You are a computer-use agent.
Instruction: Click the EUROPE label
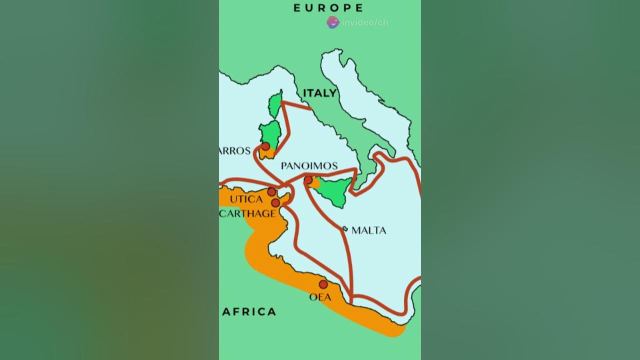pyautogui.click(x=328, y=7)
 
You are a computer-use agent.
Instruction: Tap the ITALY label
pyautogui.click(x=319, y=93)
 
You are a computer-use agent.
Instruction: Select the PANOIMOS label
pyautogui.click(x=309, y=166)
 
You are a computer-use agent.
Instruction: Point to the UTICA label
pyautogui.click(x=246, y=199)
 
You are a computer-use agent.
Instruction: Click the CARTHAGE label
pyautogui.click(x=248, y=214)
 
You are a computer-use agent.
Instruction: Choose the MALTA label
pyautogui.click(x=369, y=230)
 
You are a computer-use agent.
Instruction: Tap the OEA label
pyautogui.click(x=320, y=297)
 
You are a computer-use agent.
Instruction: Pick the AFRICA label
pyautogui.click(x=249, y=312)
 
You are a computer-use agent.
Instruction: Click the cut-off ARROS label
pyautogui.click(x=235, y=151)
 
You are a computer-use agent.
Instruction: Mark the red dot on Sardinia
pyautogui.click(x=265, y=146)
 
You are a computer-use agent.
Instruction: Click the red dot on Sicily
pyautogui.click(x=308, y=180)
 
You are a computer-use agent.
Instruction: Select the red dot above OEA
pyautogui.click(x=323, y=284)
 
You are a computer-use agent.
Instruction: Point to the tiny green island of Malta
pyautogui.click(x=345, y=229)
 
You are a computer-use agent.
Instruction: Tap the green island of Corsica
pyautogui.click(x=275, y=103)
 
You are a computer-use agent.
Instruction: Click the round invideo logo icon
pyautogui.click(x=333, y=22)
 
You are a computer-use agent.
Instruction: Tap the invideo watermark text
pyautogui.click(x=365, y=22)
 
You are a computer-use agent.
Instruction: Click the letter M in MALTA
pyautogui.click(x=355, y=230)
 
